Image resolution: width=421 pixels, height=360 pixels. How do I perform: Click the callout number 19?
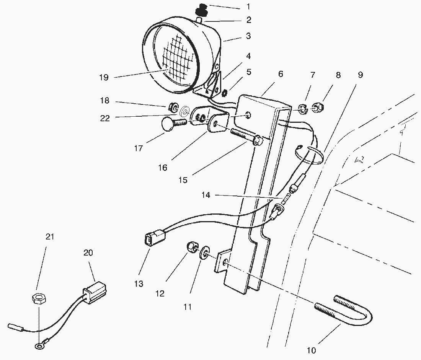point(103,77)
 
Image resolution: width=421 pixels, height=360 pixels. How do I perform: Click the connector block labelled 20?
point(95,290)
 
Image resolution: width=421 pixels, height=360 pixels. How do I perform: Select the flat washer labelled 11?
point(205,253)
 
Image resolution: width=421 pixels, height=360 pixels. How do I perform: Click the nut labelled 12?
point(192,248)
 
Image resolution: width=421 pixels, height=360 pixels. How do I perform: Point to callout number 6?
point(281,74)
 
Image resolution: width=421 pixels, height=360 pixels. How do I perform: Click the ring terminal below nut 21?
point(38,347)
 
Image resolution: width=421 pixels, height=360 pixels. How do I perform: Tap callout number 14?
point(206,195)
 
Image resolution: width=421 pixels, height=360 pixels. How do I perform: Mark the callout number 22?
point(104,118)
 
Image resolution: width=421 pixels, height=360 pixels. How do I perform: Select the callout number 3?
point(248,36)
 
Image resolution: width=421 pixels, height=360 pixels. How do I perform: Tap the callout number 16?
point(163,168)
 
